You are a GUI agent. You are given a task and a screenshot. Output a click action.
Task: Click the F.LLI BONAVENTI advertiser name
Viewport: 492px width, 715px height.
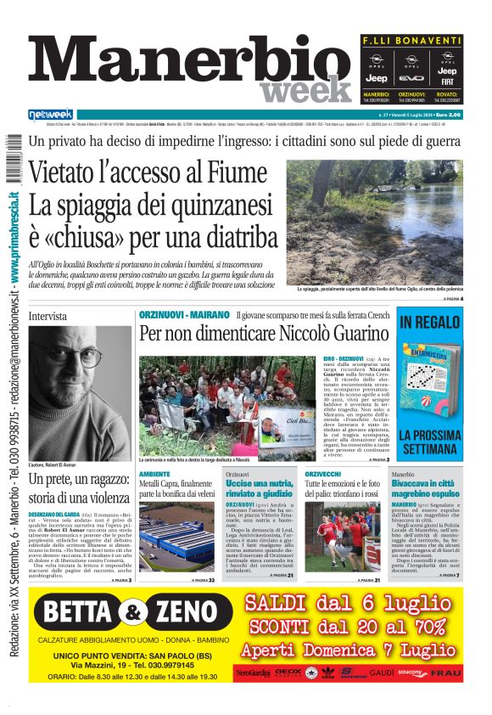click(x=411, y=41)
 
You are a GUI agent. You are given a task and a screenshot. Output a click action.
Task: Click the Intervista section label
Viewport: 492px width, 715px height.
click(x=47, y=316)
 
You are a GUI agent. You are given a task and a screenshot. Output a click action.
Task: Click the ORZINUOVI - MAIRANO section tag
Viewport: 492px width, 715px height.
click(x=183, y=315)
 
